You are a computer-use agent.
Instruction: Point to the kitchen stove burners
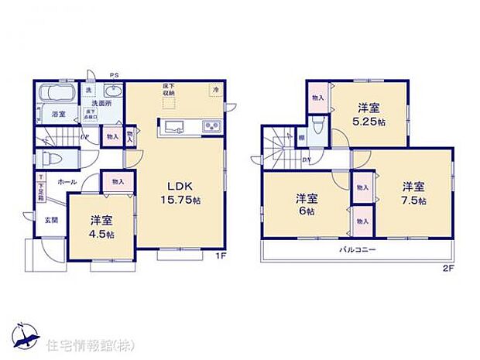(210, 127)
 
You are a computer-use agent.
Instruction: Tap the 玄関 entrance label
(50, 218)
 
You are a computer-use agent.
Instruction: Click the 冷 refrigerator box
(214, 91)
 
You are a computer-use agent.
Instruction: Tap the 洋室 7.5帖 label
(413, 193)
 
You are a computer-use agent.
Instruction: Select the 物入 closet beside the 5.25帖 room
(317, 98)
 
